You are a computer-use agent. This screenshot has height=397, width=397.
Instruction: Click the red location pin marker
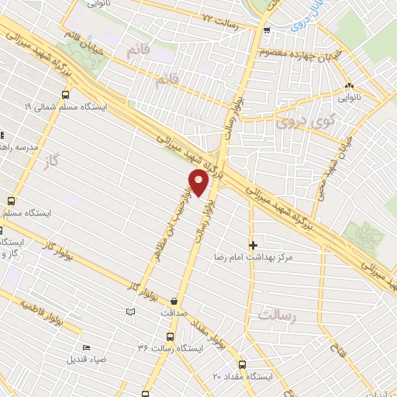coord(199,183)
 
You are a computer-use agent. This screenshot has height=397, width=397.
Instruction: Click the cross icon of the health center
coord(253,244)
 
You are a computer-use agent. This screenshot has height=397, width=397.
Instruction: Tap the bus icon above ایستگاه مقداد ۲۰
coord(243,364)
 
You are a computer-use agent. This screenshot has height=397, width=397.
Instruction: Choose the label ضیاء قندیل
coord(91,359)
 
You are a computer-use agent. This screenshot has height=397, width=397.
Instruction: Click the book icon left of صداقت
coord(130,312)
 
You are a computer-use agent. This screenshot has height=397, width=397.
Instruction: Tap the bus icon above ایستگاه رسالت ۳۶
coord(170,337)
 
